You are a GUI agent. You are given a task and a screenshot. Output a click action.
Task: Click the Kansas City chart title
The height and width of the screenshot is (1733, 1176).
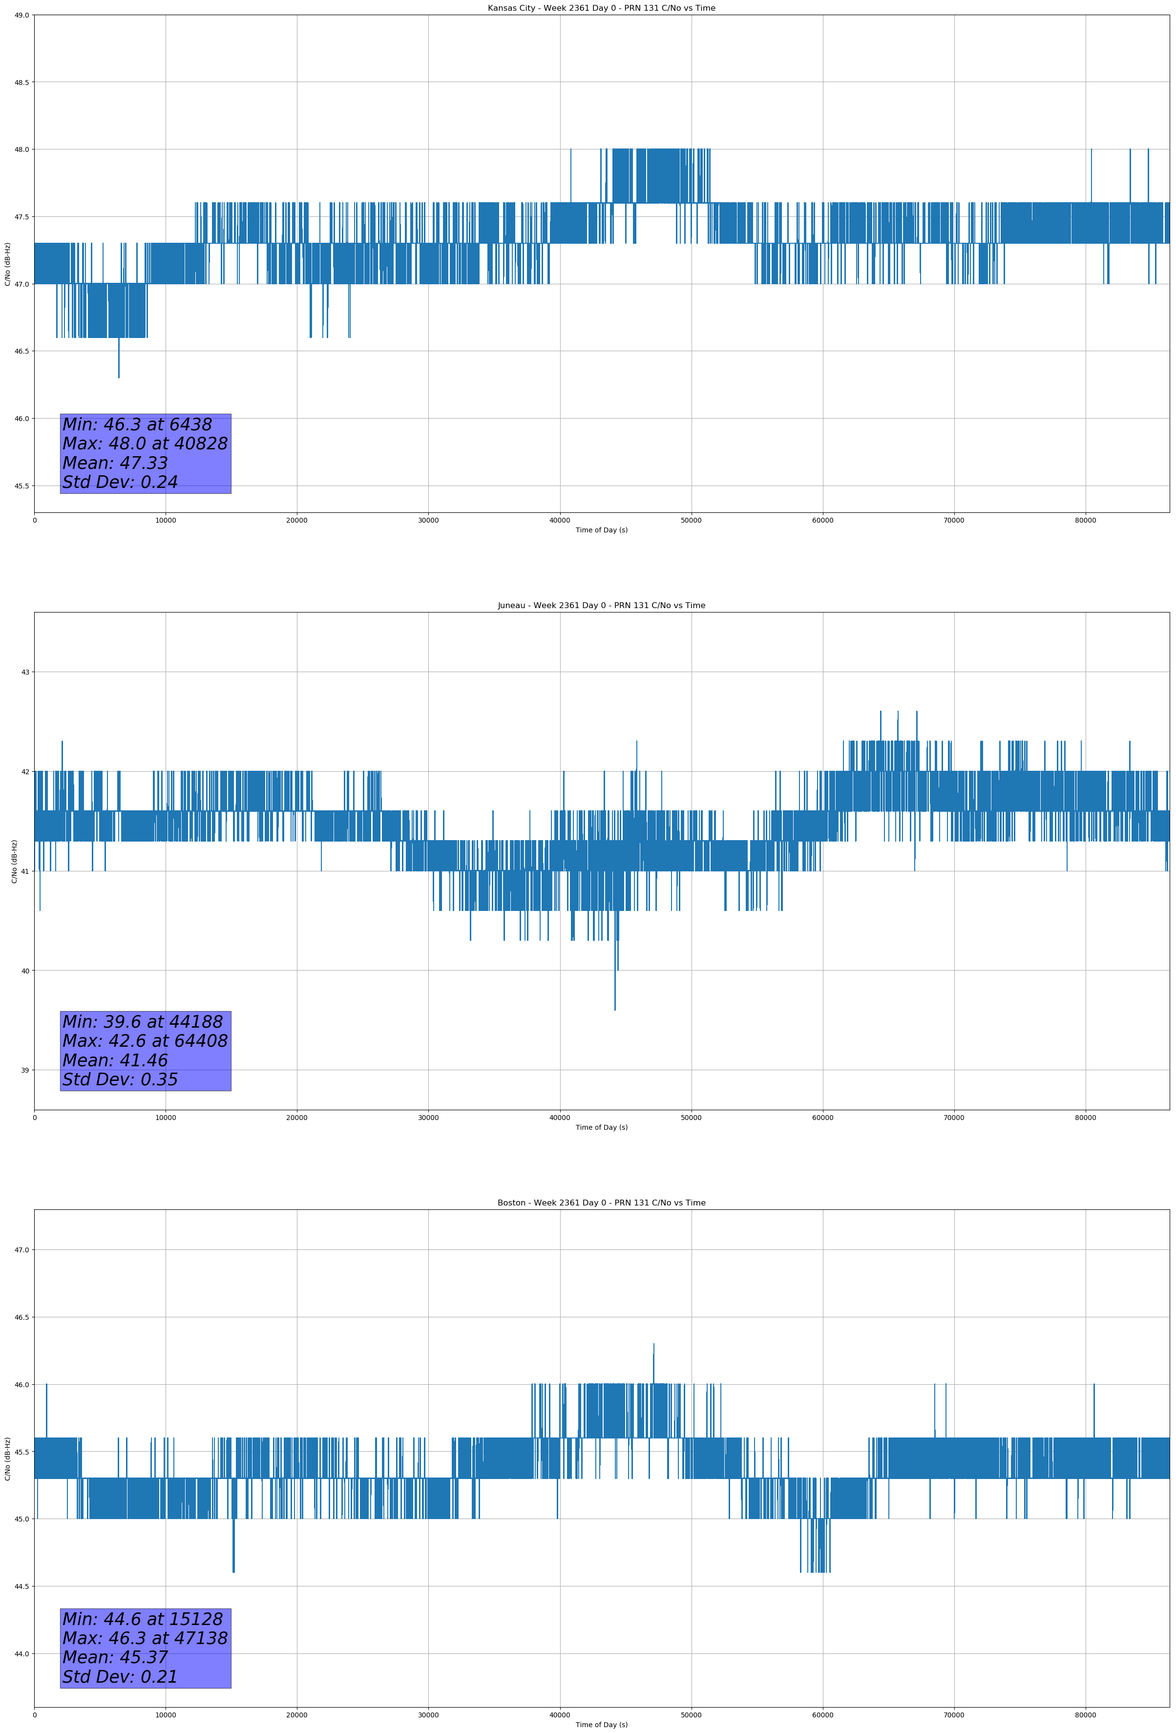click(x=601, y=8)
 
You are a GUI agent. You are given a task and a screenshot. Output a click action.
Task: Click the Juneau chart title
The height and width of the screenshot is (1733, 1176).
click(x=601, y=606)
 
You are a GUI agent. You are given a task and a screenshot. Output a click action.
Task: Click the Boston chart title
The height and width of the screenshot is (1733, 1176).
click(x=601, y=1203)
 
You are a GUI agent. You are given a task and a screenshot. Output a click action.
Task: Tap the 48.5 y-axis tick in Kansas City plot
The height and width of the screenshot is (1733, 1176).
click(x=21, y=82)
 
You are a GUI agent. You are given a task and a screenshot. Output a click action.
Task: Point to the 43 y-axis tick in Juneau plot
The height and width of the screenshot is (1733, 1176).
click(x=25, y=672)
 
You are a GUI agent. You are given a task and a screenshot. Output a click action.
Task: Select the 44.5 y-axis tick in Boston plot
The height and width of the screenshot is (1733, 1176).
click(x=21, y=1586)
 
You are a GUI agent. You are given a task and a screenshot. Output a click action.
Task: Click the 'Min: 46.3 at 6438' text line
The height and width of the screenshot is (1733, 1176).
click(x=137, y=424)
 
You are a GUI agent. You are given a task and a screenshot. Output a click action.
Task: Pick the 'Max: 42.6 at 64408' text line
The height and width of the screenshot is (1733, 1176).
click(x=145, y=1041)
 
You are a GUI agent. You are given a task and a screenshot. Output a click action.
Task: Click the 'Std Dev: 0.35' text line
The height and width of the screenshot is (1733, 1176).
click(x=120, y=1080)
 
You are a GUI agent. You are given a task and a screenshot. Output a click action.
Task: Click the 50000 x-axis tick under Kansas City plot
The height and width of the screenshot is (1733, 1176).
click(x=691, y=521)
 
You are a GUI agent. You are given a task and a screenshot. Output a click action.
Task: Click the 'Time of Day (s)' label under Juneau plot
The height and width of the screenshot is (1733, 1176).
click(x=601, y=1127)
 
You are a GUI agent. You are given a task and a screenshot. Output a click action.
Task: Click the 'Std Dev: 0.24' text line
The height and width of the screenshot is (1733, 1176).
click(x=120, y=483)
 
